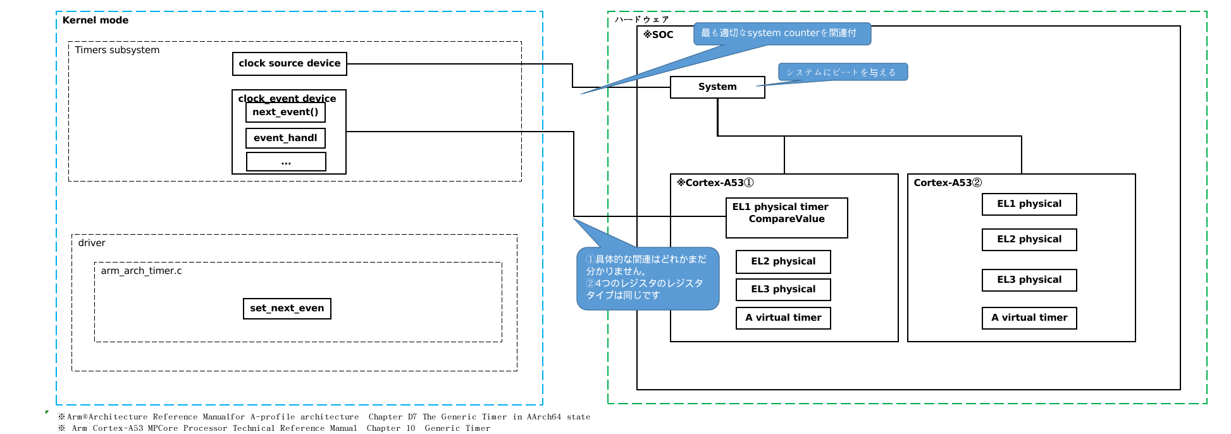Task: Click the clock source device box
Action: (289, 64)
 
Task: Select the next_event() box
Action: (285, 113)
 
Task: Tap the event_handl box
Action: (285, 138)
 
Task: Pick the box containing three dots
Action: (286, 162)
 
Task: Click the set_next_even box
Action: (287, 309)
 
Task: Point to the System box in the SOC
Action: (717, 87)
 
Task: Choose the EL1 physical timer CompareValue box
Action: (786, 218)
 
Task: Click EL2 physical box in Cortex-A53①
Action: (783, 262)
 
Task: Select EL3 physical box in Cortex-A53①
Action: (783, 290)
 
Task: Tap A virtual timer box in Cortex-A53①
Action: (783, 318)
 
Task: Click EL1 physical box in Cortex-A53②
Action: (1029, 204)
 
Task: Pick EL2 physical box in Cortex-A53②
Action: (1029, 240)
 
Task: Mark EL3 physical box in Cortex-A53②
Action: (1029, 280)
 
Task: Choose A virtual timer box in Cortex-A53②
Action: (1029, 318)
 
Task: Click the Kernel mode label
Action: (96, 20)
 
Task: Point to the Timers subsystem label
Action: (117, 50)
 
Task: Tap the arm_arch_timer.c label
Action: (141, 271)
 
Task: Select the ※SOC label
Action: (659, 35)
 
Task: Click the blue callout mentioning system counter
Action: (782, 34)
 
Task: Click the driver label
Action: (92, 243)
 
